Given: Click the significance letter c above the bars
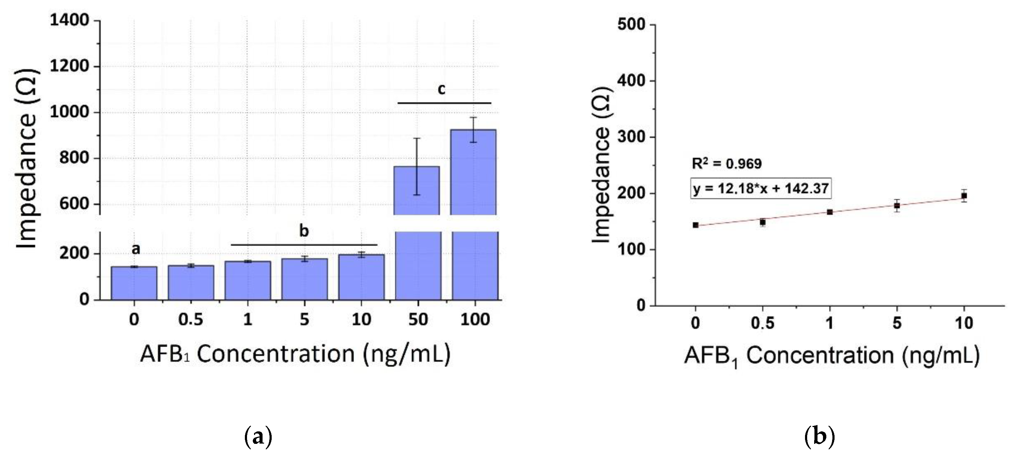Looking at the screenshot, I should [x=441, y=90].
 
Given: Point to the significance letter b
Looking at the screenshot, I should [x=304, y=231].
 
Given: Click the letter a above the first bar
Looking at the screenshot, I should [x=136, y=249].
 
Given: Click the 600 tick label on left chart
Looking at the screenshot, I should [x=74, y=204].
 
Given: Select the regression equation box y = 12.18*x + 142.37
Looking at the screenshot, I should [x=760, y=188].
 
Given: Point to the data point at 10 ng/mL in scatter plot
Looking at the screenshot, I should [x=964, y=196].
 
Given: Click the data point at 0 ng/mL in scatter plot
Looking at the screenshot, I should [x=696, y=225].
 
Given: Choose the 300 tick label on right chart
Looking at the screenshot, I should [x=630, y=137].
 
